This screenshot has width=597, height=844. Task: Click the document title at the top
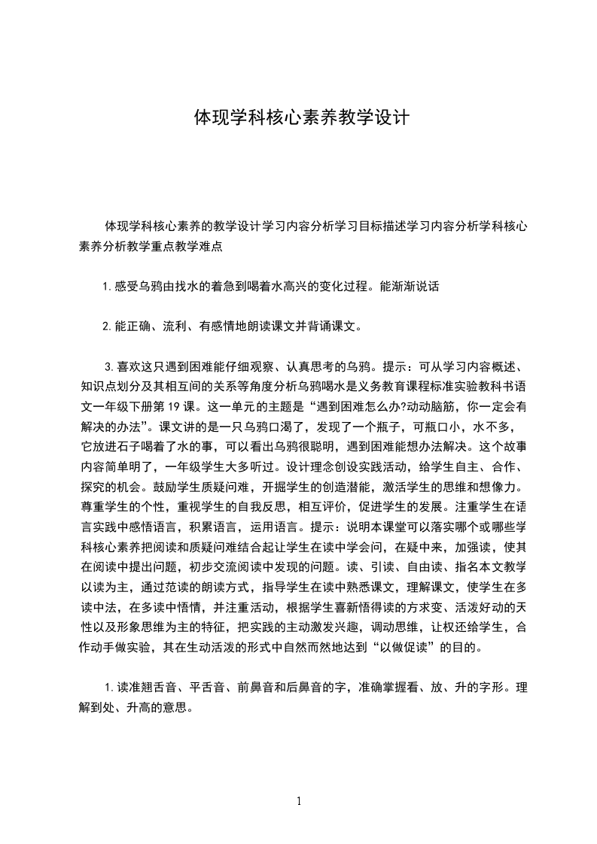(301, 118)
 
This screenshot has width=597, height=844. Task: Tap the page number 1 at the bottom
(299, 801)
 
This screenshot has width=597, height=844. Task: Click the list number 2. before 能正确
(107, 326)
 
